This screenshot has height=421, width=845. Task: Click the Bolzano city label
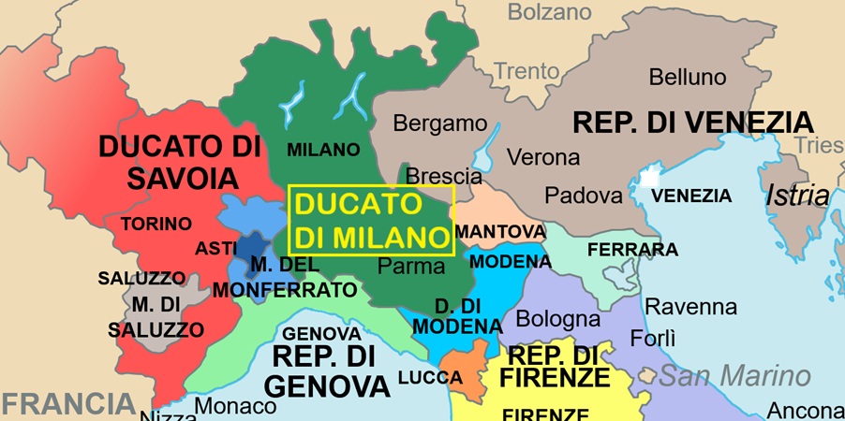tap(550, 12)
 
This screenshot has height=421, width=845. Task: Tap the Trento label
tap(526, 70)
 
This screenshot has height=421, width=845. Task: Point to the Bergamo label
tap(440, 123)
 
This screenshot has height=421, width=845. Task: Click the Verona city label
tap(543, 156)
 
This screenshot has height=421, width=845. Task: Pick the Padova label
tap(584, 196)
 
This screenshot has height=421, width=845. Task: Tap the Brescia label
tap(444, 176)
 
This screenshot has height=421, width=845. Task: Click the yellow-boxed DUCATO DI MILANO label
tap(371, 220)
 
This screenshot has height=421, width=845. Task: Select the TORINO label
tap(156, 224)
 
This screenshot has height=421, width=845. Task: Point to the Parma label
tap(411, 266)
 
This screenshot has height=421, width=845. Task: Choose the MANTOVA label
tap(500, 230)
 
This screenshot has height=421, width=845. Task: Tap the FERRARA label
tap(632, 250)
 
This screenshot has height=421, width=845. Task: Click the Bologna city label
tap(558, 319)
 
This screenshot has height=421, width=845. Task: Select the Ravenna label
tap(691, 307)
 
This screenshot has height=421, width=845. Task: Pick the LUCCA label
tap(430, 378)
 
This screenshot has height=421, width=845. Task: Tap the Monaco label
tap(236, 406)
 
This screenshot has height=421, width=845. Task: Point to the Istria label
tap(797, 196)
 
